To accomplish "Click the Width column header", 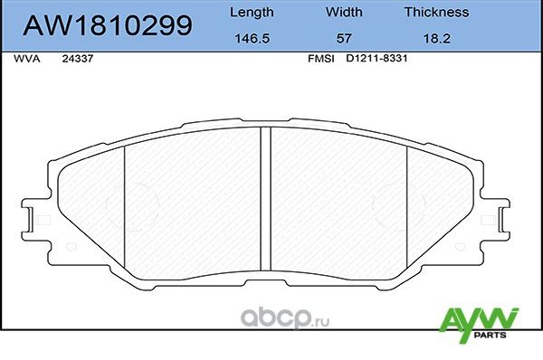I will [344, 13].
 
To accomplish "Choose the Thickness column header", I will [436, 13].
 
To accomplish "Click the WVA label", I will [27, 58].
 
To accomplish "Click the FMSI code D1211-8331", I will [375, 58].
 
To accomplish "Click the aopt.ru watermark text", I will [289, 317].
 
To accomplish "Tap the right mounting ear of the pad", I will [501, 218].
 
